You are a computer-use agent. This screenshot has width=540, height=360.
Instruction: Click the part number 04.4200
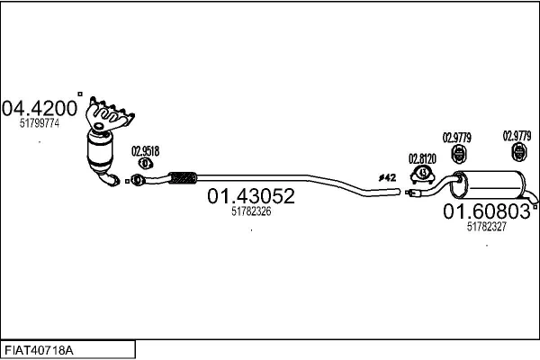click(40, 108)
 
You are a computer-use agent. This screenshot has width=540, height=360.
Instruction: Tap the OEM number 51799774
click(40, 123)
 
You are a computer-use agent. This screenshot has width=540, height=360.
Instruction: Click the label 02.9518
click(145, 151)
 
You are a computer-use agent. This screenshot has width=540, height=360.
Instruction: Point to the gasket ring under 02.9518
click(146, 163)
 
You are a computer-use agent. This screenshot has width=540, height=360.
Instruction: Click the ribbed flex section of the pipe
click(183, 177)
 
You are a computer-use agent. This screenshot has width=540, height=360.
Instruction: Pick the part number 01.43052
click(251, 195)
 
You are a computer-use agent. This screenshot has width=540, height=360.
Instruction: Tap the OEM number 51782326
click(251, 211)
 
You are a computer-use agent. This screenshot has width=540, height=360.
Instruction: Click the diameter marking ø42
click(387, 177)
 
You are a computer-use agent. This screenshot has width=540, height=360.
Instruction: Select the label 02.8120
click(422, 158)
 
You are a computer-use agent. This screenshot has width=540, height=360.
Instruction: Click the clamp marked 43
click(423, 174)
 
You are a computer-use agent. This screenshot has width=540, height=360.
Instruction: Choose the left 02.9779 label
click(456, 138)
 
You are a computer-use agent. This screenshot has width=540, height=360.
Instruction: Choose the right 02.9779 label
click(517, 136)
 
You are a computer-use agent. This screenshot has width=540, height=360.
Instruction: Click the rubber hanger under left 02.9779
click(458, 154)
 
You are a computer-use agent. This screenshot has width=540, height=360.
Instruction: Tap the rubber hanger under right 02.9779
click(518, 152)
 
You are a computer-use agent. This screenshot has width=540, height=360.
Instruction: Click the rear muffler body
click(489, 185)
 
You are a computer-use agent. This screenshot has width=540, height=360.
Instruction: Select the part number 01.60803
click(487, 211)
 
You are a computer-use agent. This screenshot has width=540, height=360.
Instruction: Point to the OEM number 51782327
click(487, 226)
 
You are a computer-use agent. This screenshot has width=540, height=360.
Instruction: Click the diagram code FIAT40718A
click(39, 351)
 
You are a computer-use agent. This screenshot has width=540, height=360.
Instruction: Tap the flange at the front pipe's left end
click(137, 180)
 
